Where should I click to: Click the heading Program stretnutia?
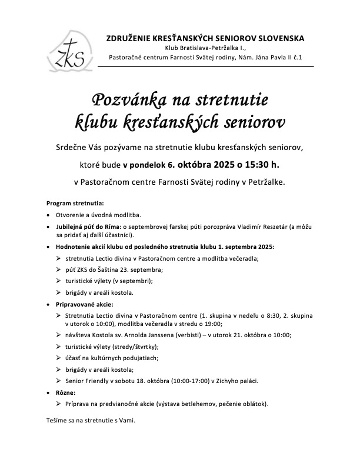coord(74,203)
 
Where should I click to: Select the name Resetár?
coord(285,227)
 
